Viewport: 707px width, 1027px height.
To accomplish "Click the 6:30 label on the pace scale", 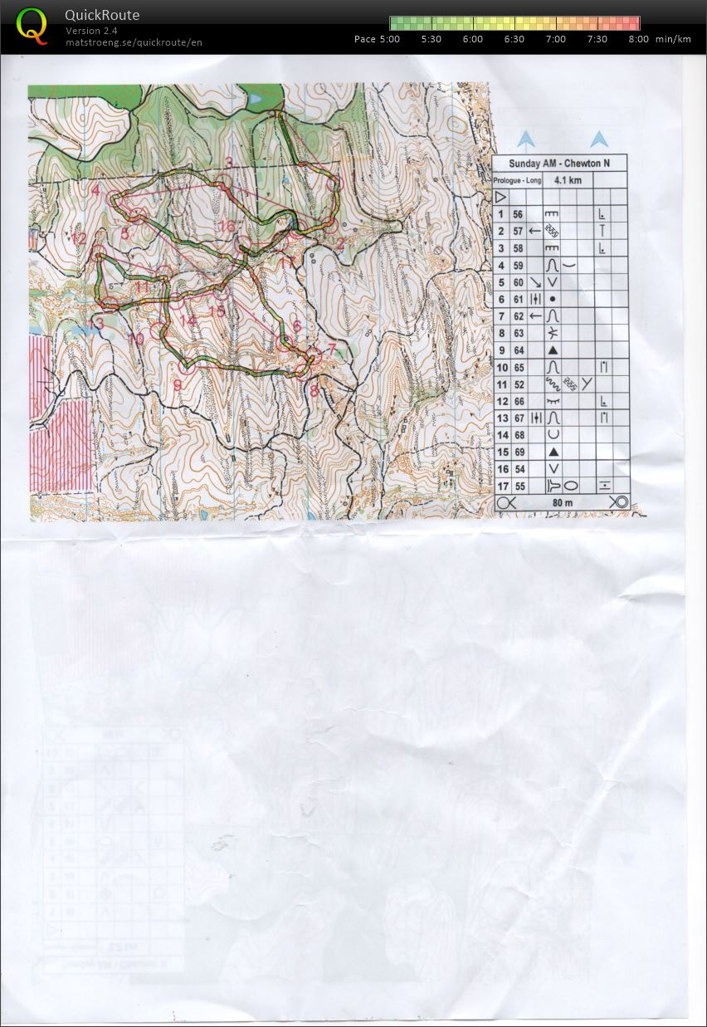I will click(x=514, y=39).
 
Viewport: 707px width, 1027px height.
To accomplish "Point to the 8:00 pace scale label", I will click(x=638, y=39).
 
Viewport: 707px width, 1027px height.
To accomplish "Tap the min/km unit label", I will click(x=672, y=39).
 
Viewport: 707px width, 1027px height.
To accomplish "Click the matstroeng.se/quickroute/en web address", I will click(x=134, y=42).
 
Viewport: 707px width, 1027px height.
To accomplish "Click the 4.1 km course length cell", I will click(x=568, y=180).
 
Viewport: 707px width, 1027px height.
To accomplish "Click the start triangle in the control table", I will click(x=500, y=198).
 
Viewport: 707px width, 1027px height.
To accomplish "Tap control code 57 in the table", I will click(x=518, y=231).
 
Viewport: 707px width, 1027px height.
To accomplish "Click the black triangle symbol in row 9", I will click(x=553, y=350).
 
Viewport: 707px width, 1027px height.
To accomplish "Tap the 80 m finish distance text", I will click(x=563, y=502).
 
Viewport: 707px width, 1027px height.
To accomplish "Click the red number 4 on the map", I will click(x=97, y=190).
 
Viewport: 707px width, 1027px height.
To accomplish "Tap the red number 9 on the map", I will click(x=177, y=383).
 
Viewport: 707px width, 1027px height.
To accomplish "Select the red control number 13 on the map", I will click(x=98, y=322).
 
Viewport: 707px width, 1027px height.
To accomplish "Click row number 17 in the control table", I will click(x=502, y=487).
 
